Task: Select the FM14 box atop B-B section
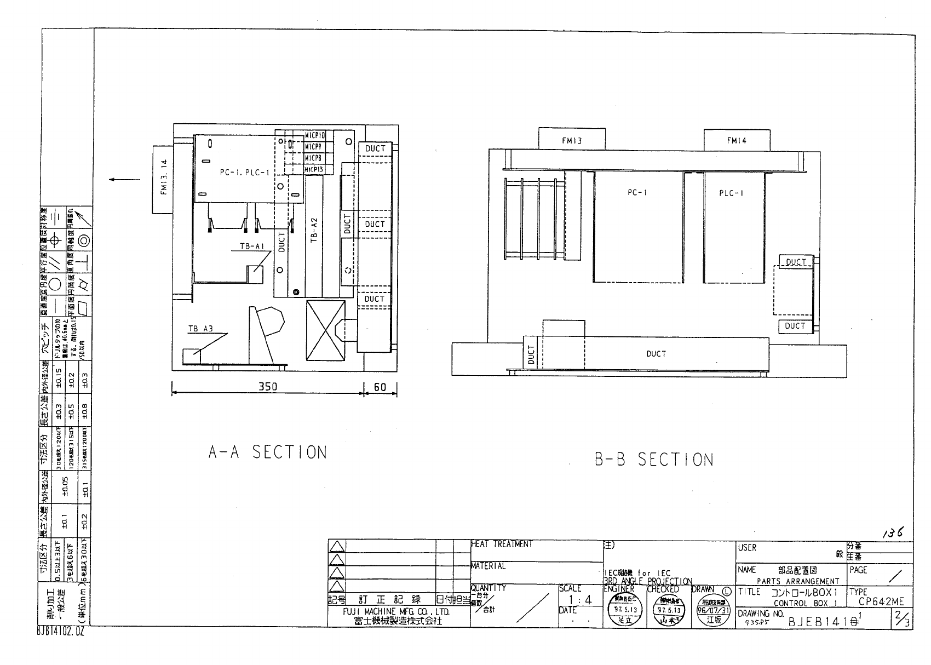(737, 140)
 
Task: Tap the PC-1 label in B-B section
(637, 192)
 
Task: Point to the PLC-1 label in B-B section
(731, 193)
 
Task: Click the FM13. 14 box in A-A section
(163, 179)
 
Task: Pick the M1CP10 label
(315, 135)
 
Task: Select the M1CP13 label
(314, 169)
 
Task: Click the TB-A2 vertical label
(314, 230)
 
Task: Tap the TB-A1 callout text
(252, 246)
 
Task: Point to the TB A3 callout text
(200, 329)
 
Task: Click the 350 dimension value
(267, 387)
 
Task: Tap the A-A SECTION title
(267, 452)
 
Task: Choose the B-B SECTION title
(654, 459)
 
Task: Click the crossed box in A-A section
(325, 330)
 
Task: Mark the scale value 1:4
(580, 600)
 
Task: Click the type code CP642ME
(881, 601)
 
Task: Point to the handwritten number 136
(892, 532)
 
